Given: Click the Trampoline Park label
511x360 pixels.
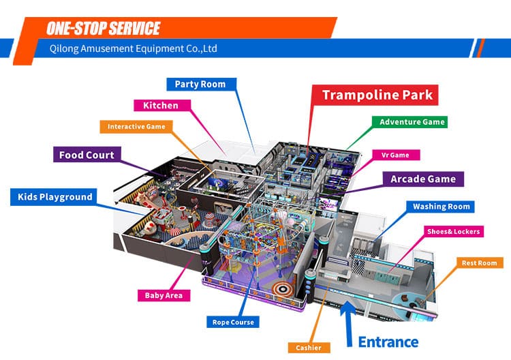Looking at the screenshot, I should coord(377,95).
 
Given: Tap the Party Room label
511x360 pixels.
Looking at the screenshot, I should coord(201,84).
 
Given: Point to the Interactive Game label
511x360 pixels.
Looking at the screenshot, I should coord(136,126).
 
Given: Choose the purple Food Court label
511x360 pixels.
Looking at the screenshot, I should coord(87,155).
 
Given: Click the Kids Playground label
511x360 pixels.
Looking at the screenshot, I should coord(52,197).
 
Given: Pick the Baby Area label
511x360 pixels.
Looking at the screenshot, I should coord(164,295).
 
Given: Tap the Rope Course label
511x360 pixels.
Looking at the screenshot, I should coord(234,322).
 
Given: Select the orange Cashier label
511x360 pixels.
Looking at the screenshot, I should coord(309,348).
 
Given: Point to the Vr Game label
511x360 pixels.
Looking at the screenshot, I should coord(395,155).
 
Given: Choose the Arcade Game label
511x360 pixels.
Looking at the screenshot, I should coord(423,179).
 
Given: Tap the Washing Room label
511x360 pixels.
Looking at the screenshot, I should coord(441,206).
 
